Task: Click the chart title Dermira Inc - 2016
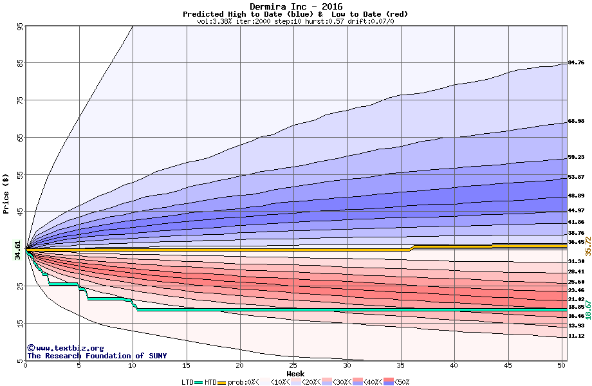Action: tap(296, 6)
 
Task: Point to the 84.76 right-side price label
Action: tap(576, 63)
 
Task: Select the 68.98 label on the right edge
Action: tap(576, 122)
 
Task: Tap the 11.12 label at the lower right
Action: tap(576, 336)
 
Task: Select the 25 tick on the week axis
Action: tap(293, 366)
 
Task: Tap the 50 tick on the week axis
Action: tap(561, 366)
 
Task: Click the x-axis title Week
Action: tap(295, 374)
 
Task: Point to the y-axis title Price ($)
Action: tap(6, 194)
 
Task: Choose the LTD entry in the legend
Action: tap(189, 382)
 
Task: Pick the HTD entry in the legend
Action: tap(210, 382)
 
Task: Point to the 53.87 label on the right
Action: tap(576, 178)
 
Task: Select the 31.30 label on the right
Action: tap(576, 262)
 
